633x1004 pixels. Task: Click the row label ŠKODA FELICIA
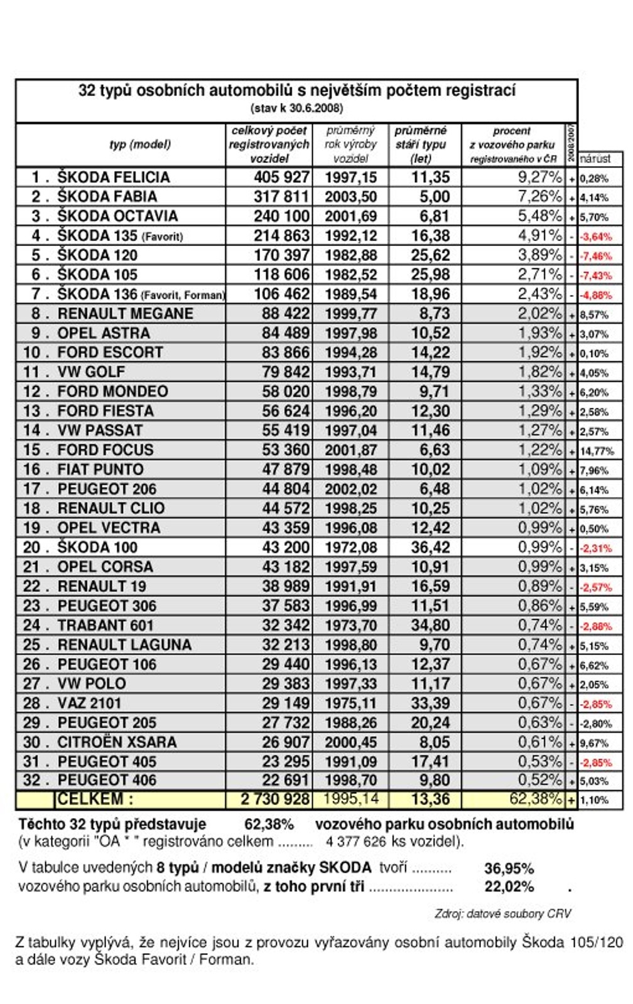[114, 177]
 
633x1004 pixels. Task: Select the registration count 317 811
[281, 196]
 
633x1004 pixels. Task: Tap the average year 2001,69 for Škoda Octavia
[350, 216]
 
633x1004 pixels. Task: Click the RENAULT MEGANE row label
[125, 313]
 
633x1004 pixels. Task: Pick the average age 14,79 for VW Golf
[430, 371]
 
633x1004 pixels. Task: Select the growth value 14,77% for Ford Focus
[597, 451]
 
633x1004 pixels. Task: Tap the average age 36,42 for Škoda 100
[430, 547]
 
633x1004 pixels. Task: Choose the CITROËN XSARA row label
[117, 742]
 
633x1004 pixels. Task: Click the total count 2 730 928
[275, 799]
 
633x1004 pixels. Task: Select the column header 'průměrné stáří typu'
[421, 144]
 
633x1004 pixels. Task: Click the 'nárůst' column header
[595, 158]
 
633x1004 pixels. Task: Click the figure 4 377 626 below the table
[355, 841]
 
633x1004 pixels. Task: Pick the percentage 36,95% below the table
[509, 868]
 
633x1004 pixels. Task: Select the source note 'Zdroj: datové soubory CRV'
[502, 913]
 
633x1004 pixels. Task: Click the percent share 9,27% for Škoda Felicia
[539, 177]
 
